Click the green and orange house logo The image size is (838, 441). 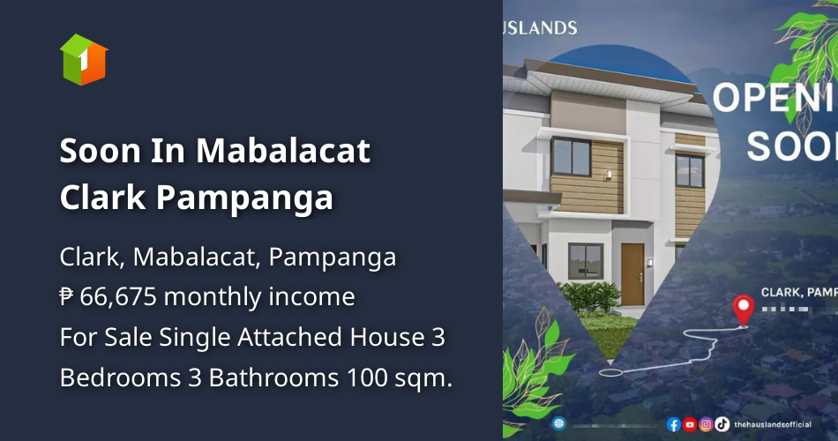coord(84,59)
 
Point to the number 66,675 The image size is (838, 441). coord(118,296)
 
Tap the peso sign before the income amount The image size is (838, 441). coord(67,296)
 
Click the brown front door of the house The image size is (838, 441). coord(632,273)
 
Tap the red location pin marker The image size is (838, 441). coord(743,310)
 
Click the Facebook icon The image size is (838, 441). coord(674,424)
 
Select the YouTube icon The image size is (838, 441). coord(690,424)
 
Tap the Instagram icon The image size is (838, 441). coord(706,424)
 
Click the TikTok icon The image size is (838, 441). coord(722,424)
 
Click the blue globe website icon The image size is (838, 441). coord(558,423)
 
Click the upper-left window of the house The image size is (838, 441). coord(571,157)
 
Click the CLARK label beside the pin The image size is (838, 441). coord(781,292)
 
